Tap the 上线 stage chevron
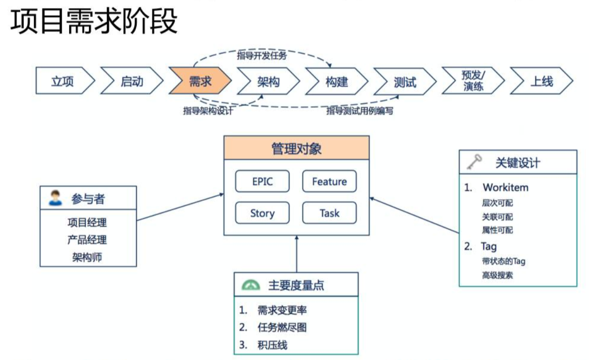pyautogui.click(x=541, y=82)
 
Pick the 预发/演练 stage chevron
pyautogui.click(x=473, y=82)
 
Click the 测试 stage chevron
pyautogui.click(x=405, y=82)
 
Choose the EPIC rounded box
pyautogui.click(x=262, y=181)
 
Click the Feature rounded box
pyautogui.click(x=329, y=181)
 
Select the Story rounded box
pyautogui.click(x=262, y=213)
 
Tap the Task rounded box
pyautogui.click(x=329, y=213)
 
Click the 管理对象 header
pyautogui.click(x=297, y=148)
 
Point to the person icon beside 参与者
pyautogui.click(x=55, y=198)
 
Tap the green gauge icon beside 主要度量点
pyautogui.click(x=250, y=285)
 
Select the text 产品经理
pyautogui.click(x=87, y=240)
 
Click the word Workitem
pyautogui.click(x=505, y=187)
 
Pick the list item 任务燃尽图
pyautogui.click(x=281, y=327)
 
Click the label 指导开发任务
pyautogui.click(x=262, y=55)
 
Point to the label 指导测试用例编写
pyautogui.click(x=359, y=111)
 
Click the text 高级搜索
pyautogui.click(x=497, y=275)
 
